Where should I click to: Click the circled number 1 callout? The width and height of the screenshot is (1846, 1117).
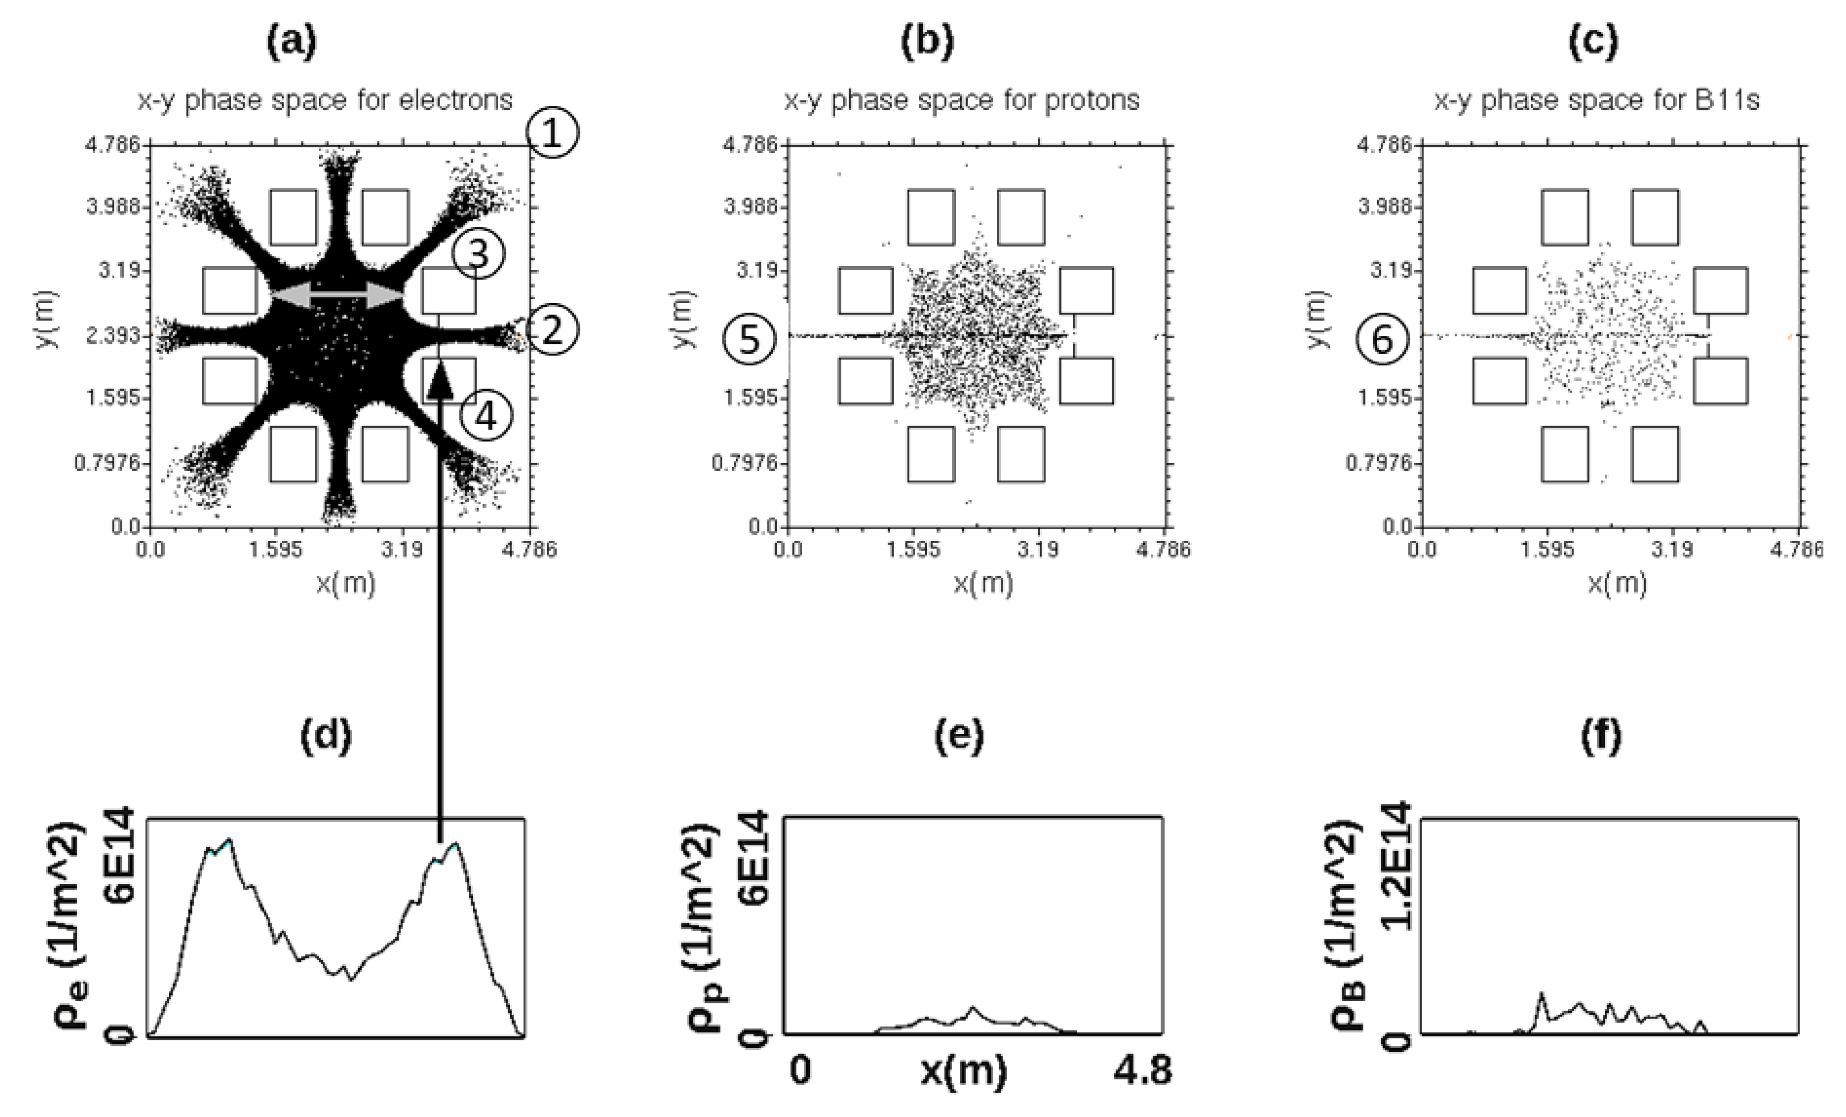[552, 134]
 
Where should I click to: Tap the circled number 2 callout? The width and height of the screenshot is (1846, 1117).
[552, 331]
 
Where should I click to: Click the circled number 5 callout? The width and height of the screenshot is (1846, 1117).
[749, 339]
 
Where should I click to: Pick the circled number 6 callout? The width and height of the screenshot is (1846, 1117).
[1382, 339]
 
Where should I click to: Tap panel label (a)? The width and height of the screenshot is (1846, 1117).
[291, 42]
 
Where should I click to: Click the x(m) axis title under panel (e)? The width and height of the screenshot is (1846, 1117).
[963, 1071]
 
